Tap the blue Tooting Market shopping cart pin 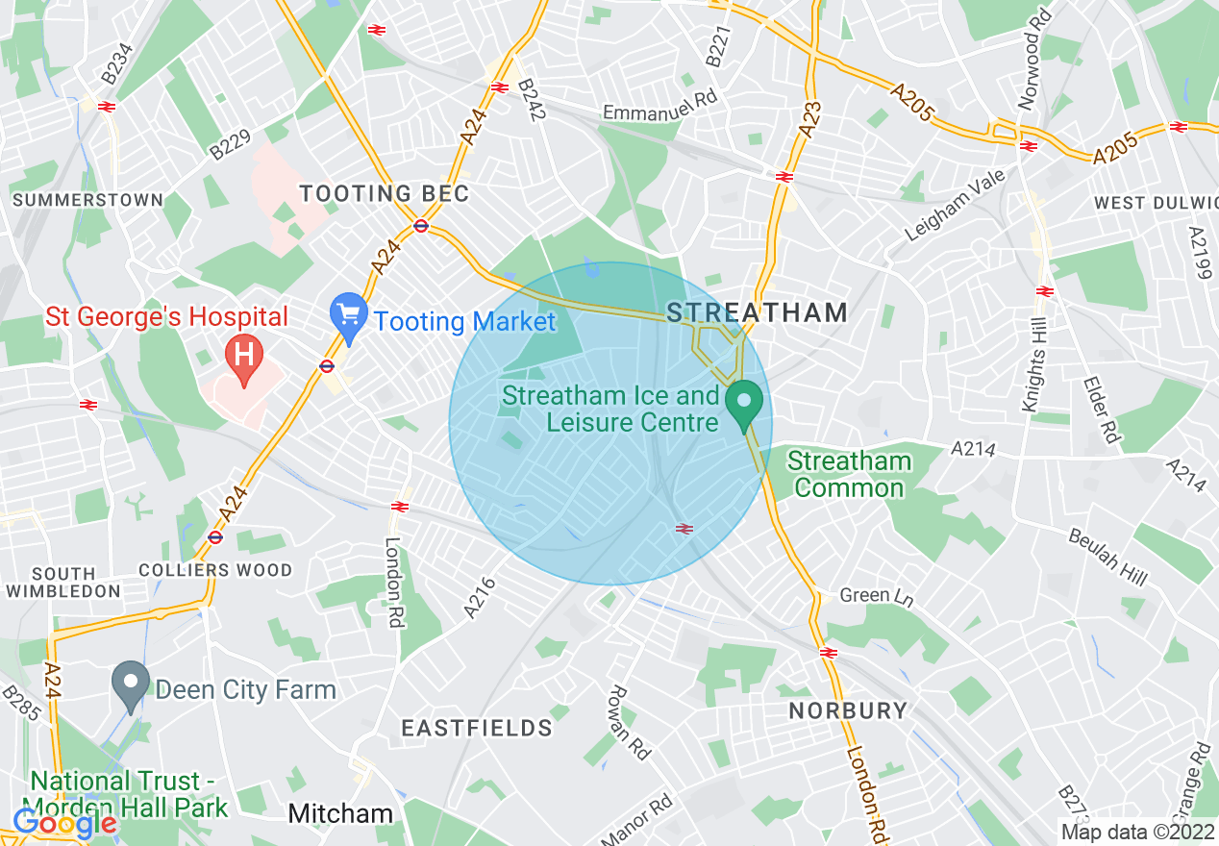point(348,316)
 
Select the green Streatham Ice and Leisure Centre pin point(743,405)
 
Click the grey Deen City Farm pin point(130,684)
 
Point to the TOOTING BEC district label point(385,193)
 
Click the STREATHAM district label point(758,311)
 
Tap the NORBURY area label point(848,710)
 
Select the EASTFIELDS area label point(477,728)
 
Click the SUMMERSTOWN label point(87,200)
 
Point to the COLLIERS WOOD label point(215,570)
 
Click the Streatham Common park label point(849,475)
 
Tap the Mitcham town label point(341,814)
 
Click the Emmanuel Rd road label point(649,112)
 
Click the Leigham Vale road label point(955,205)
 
